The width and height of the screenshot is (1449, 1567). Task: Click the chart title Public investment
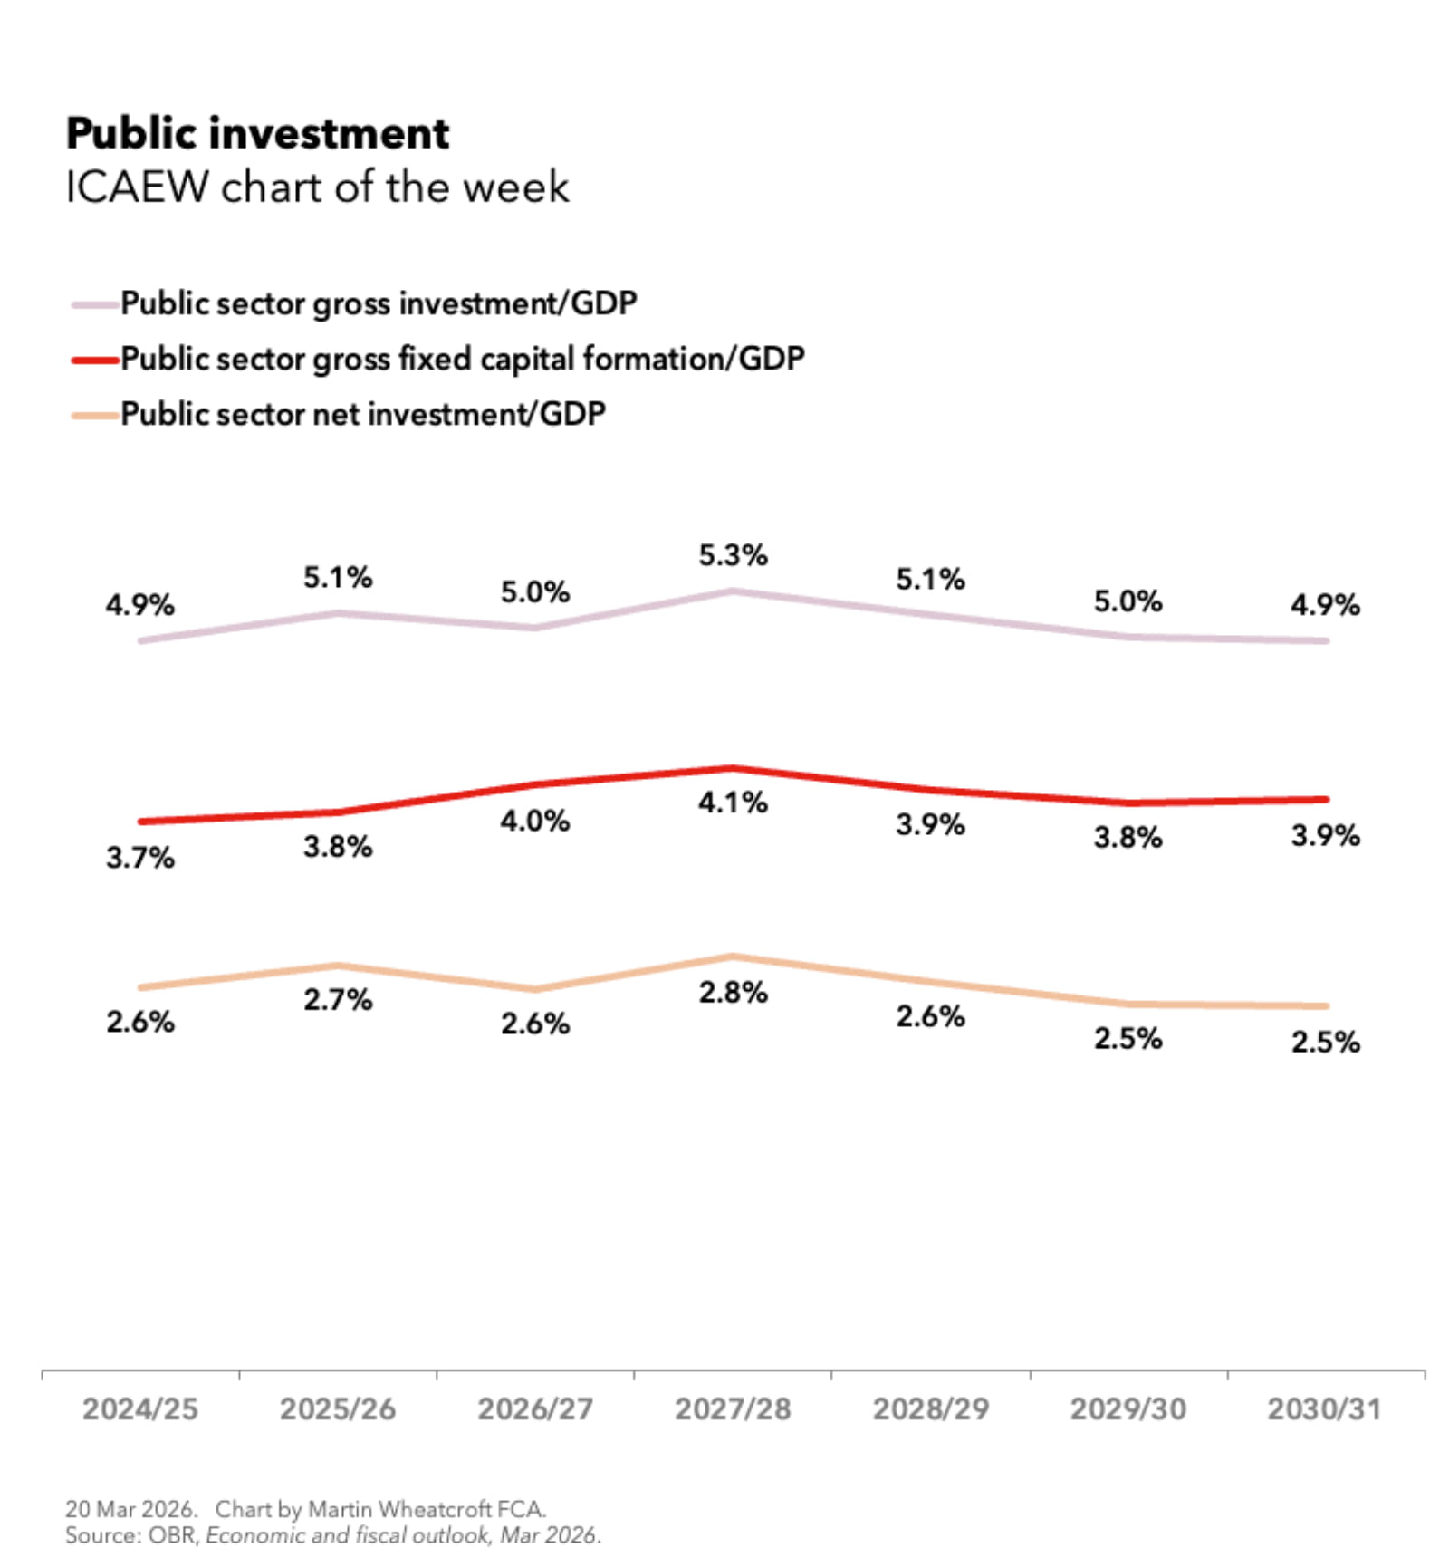point(257,134)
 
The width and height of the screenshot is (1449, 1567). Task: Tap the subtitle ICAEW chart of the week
point(317,187)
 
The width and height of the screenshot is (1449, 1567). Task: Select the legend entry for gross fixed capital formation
point(462,359)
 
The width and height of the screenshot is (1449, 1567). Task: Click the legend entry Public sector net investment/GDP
point(362,414)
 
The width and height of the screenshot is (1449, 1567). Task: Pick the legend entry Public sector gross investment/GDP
point(378,303)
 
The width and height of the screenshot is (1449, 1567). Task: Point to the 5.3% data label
point(732,555)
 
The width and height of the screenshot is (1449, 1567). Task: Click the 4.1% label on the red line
point(732,803)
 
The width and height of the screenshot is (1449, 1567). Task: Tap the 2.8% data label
point(732,993)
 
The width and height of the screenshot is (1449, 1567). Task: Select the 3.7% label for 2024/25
point(139,857)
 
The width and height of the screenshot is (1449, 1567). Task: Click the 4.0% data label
point(534,822)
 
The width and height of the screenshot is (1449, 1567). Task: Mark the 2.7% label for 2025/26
point(337,1000)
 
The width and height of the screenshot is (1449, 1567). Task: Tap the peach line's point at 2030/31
point(1324,1005)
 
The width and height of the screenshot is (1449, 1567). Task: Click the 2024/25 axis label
point(139,1409)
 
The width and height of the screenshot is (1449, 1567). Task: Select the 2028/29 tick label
point(930,1409)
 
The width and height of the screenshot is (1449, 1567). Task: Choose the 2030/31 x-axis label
point(1324,1409)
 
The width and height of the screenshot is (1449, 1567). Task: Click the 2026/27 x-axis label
point(534,1409)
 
